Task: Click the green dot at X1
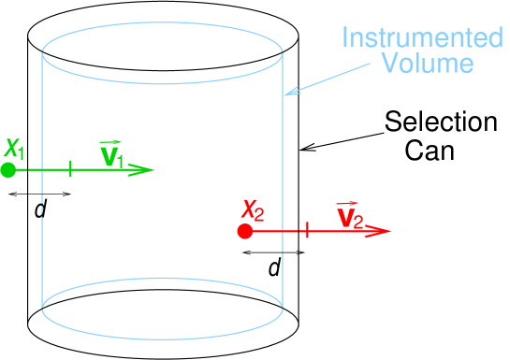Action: click(x=8, y=170)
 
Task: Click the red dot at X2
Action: click(x=245, y=231)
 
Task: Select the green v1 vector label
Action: click(x=113, y=154)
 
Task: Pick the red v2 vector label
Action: click(x=349, y=216)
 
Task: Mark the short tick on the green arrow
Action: click(x=71, y=170)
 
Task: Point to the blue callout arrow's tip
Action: click(x=287, y=94)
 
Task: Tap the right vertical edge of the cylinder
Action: click(x=283, y=159)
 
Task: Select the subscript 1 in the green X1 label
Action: click(x=22, y=153)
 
